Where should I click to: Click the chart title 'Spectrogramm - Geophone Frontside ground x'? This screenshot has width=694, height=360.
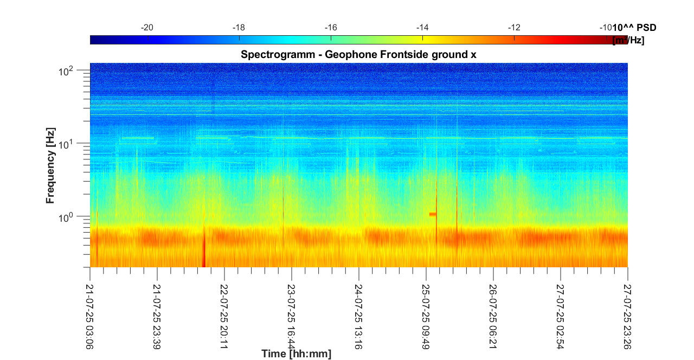(x=358, y=54)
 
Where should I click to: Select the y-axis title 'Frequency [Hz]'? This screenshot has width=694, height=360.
(x=50, y=170)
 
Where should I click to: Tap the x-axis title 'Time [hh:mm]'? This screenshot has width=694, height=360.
(x=296, y=354)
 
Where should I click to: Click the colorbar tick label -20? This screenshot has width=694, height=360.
(x=147, y=28)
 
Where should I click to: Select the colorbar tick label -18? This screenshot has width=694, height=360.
(x=239, y=28)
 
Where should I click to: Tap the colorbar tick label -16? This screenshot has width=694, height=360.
(x=331, y=28)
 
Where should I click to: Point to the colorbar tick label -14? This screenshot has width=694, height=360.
(x=422, y=28)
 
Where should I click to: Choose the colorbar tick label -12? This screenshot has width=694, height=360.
(x=515, y=28)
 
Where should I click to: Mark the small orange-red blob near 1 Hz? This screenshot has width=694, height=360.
(x=433, y=214)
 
